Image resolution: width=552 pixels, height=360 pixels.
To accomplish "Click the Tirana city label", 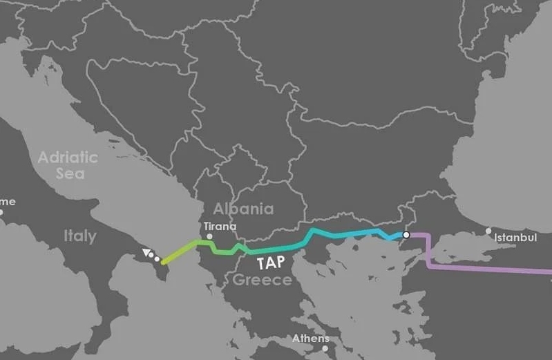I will tap(220, 226).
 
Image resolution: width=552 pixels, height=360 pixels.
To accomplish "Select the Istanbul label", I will tap(515, 238).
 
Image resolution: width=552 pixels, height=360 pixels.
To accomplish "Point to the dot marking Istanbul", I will tap(489, 231).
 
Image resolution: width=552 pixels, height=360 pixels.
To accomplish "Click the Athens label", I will tap(311, 339).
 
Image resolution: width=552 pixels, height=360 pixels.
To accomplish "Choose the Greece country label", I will tap(262, 280).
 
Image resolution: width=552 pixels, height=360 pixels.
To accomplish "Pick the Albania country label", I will tap(243, 209).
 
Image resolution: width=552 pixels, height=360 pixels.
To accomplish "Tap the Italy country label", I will tap(80, 236).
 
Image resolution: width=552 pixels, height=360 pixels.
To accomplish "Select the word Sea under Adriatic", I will tap(70, 173).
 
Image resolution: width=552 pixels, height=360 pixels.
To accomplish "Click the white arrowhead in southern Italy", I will tap(146, 253).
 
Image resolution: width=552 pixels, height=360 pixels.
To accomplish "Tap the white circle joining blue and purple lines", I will tap(406, 235).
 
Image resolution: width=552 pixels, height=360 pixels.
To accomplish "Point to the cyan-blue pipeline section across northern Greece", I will tap(345, 234).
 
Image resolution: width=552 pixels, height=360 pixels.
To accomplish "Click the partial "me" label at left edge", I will tap(7, 202).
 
